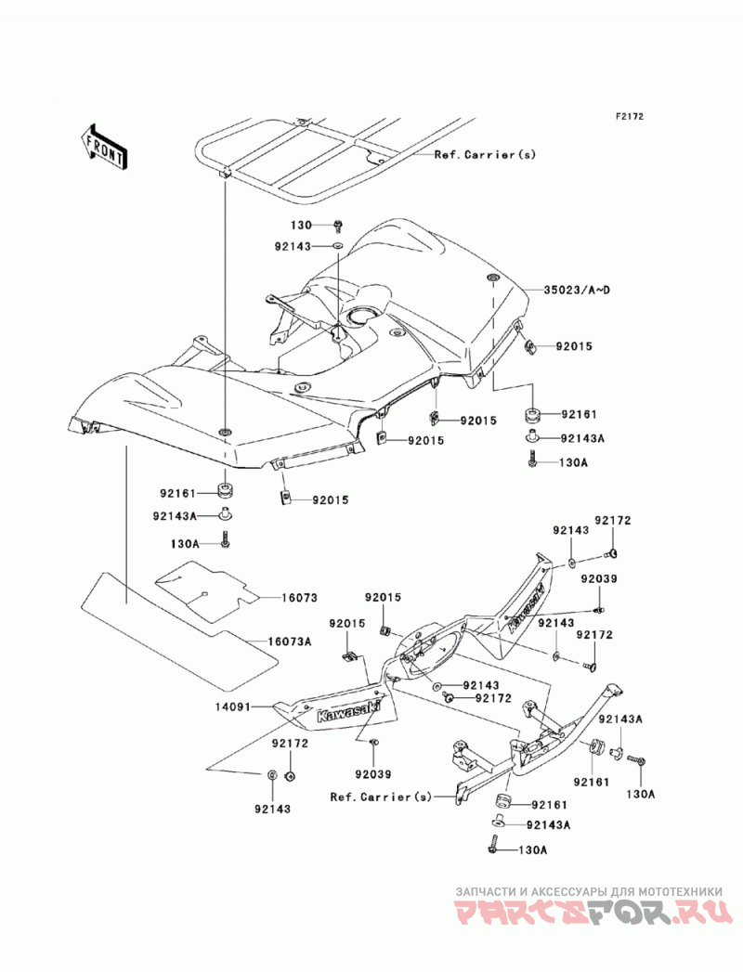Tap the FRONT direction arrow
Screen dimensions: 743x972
pyautogui.click(x=104, y=148)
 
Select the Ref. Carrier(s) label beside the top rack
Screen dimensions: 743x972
pyautogui.click(x=485, y=154)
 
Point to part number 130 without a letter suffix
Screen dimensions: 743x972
pyautogui.click(x=302, y=226)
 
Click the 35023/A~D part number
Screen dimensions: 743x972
pyautogui.click(x=578, y=290)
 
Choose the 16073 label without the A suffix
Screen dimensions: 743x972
pyautogui.click(x=300, y=598)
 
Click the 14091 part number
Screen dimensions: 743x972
pyautogui.click(x=234, y=706)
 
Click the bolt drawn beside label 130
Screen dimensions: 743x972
pyautogui.click(x=338, y=225)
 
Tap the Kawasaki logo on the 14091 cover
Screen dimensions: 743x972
pyautogui.click(x=348, y=710)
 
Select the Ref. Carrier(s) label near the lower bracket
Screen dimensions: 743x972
pyautogui.click(x=381, y=797)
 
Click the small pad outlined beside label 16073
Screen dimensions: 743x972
pyautogui.click(x=206, y=588)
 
